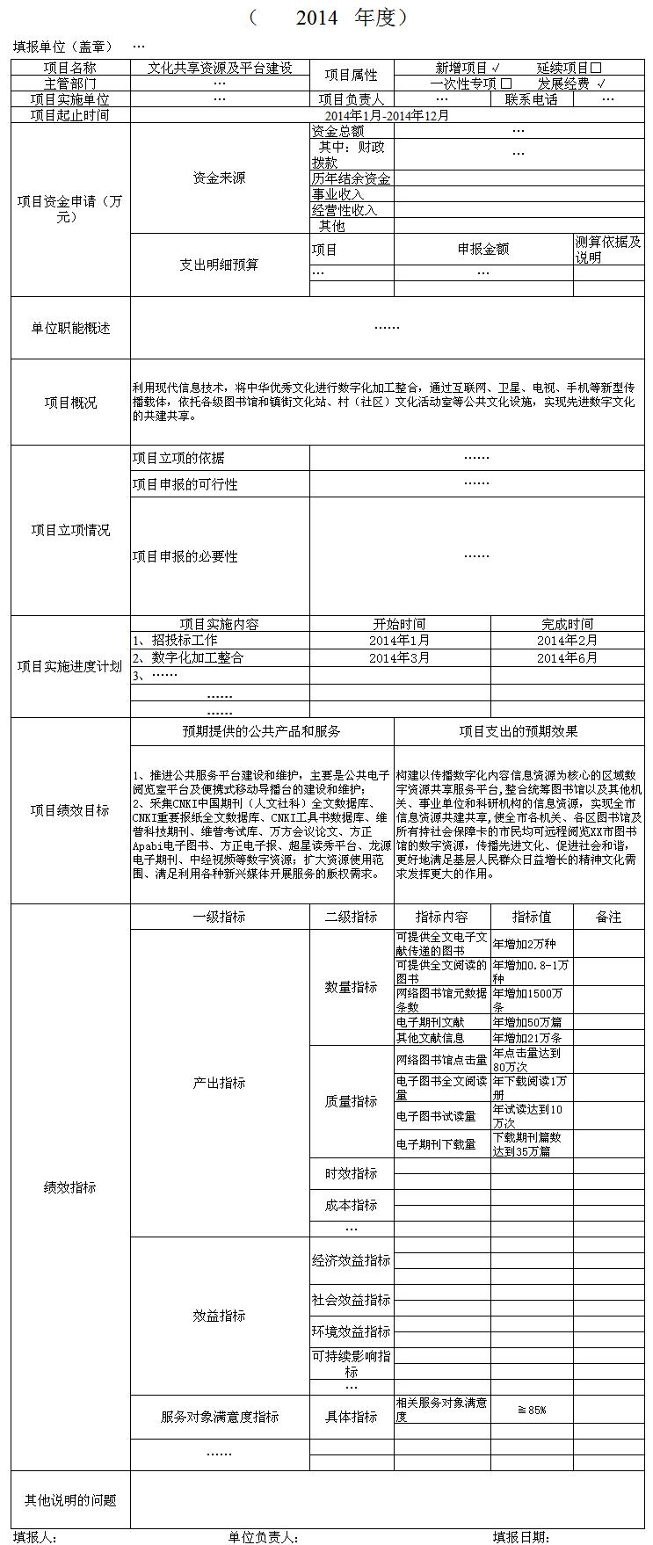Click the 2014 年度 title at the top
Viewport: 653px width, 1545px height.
(x=330, y=18)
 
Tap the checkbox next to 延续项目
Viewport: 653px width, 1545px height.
(x=596, y=68)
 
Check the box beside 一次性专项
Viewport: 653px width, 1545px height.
(x=506, y=83)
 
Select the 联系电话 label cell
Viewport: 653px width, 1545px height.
(x=531, y=99)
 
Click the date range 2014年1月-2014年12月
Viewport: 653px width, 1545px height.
(x=387, y=115)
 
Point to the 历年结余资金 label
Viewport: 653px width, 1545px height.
(x=351, y=178)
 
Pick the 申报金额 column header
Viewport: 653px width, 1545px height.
(x=482, y=249)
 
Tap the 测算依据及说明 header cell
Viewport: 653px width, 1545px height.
(x=608, y=250)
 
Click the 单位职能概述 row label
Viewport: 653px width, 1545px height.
(x=70, y=328)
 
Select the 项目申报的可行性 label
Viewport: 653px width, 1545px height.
(x=185, y=484)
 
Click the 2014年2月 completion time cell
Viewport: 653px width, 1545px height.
(x=567, y=641)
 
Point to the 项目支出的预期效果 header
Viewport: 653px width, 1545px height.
(x=519, y=731)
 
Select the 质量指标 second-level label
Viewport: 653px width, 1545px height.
(x=351, y=1100)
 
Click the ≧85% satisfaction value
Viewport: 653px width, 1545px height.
(x=532, y=1410)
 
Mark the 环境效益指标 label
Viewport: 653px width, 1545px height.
(x=351, y=1331)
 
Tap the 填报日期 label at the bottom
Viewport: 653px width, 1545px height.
(x=521, y=1537)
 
